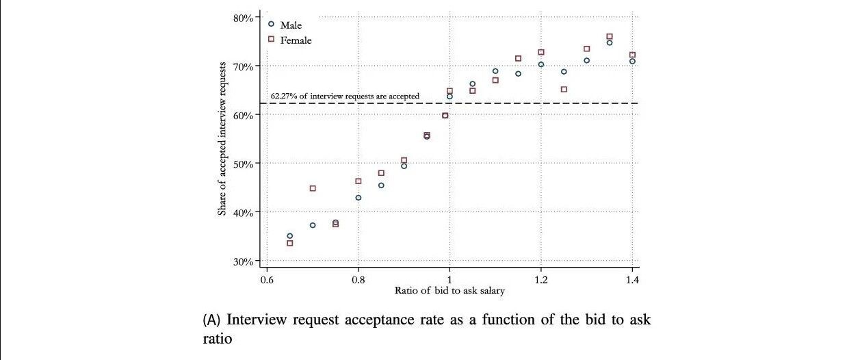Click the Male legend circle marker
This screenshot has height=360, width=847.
coord(271,24)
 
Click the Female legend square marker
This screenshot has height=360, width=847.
coord(271,39)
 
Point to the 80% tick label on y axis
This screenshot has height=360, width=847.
coord(243,18)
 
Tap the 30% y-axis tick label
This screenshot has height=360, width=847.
coord(243,261)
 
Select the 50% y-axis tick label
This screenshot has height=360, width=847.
coord(243,164)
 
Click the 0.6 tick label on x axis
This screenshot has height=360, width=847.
coord(267,280)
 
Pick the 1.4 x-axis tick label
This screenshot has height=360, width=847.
coord(632,280)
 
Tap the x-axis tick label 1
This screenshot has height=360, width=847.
coord(449,280)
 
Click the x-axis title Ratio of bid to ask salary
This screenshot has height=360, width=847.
coord(449,290)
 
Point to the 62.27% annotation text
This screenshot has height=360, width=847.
coord(345,96)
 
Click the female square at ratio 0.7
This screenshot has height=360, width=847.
coord(313,188)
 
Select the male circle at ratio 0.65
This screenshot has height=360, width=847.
coord(290,236)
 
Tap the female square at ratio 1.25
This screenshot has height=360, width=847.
coord(564,89)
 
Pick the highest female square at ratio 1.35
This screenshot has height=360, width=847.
coord(610,37)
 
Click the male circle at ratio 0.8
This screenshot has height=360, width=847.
coord(359,198)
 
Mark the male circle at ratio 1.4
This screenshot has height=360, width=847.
coord(632,62)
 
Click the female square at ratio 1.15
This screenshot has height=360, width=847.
coord(518,59)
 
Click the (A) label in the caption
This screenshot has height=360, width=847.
coord(211,320)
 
